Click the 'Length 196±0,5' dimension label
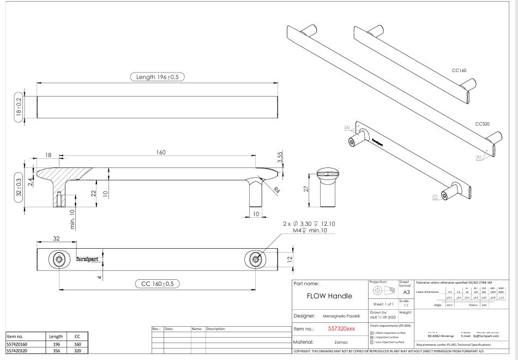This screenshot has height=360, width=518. point(158,77)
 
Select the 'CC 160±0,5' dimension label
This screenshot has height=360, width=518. point(158,284)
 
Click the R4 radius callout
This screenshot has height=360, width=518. point(276,190)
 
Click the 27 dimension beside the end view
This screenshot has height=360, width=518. point(306,189)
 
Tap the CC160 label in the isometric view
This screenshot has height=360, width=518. point(460,70)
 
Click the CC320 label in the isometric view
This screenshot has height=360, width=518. point(482,124)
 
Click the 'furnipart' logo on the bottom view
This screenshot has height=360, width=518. point(87,260)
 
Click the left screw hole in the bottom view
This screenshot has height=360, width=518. point(58,260)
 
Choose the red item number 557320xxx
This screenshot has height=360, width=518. point(341,328)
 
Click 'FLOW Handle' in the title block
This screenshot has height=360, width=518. point(329,296)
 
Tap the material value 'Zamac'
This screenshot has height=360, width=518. point(341,342)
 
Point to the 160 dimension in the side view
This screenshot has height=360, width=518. point(160,153)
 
